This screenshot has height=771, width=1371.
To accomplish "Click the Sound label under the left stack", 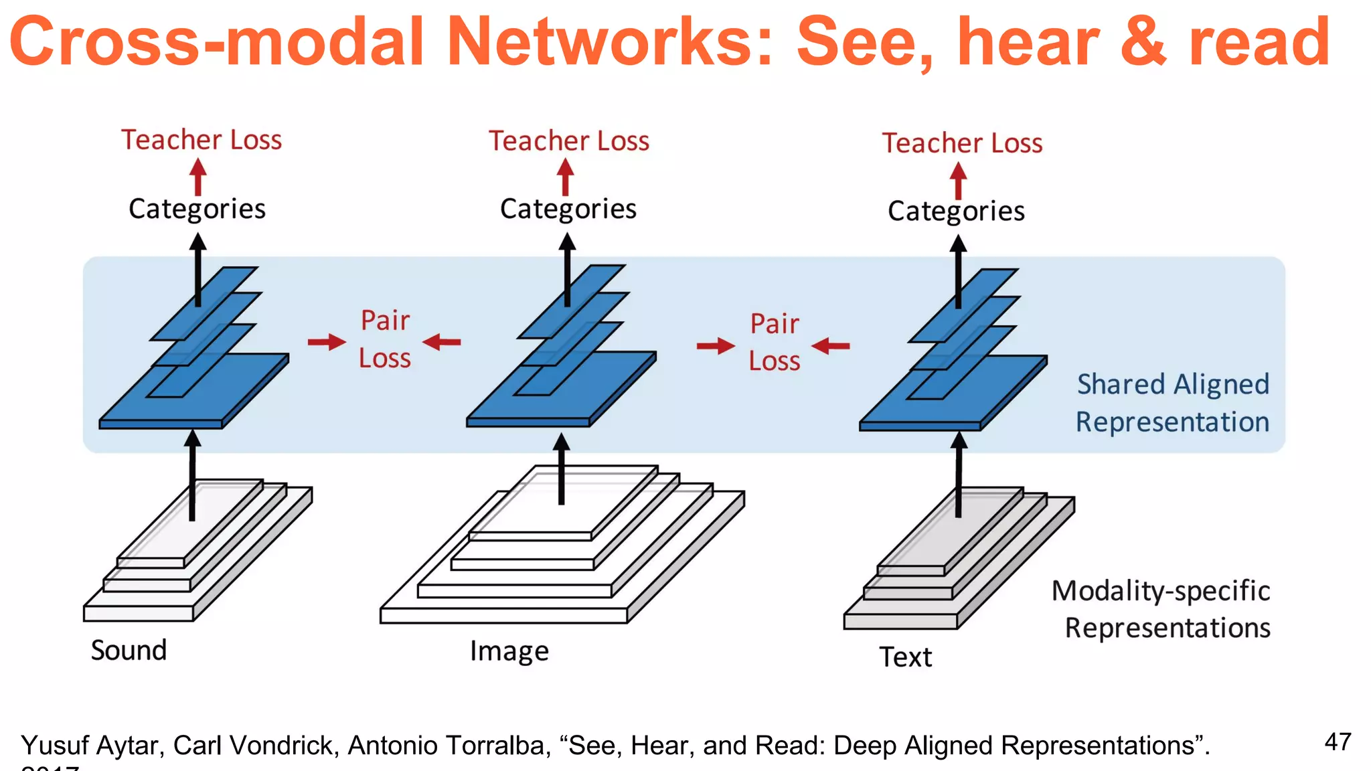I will tap(129, 650).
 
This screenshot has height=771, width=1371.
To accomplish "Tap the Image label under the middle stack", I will tap(509, 651).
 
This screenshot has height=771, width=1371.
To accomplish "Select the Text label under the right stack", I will tap(905, 657).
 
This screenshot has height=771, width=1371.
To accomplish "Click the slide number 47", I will tap(1338, 742).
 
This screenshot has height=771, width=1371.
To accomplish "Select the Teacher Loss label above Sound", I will tap(201, 140).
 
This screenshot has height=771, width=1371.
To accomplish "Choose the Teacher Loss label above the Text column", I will tap(962, 143).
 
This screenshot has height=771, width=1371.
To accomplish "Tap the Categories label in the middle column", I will tap(568, 209).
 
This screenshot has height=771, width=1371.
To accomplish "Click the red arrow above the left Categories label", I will tap(197, 176).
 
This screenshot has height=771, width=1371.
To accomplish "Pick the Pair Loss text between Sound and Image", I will tap(385, 339).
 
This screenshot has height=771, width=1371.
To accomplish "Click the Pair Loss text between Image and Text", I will tap(775, 343).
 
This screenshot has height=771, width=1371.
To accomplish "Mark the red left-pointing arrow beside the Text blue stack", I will tap(831, 346).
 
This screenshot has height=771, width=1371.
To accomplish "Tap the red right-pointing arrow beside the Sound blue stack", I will tap(327, 342).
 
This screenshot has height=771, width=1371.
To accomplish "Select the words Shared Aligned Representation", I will tap(1172, 403).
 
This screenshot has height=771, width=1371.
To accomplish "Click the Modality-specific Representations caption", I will tap(1162, 609).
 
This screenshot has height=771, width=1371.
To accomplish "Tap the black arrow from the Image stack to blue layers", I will tap(562, 468).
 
